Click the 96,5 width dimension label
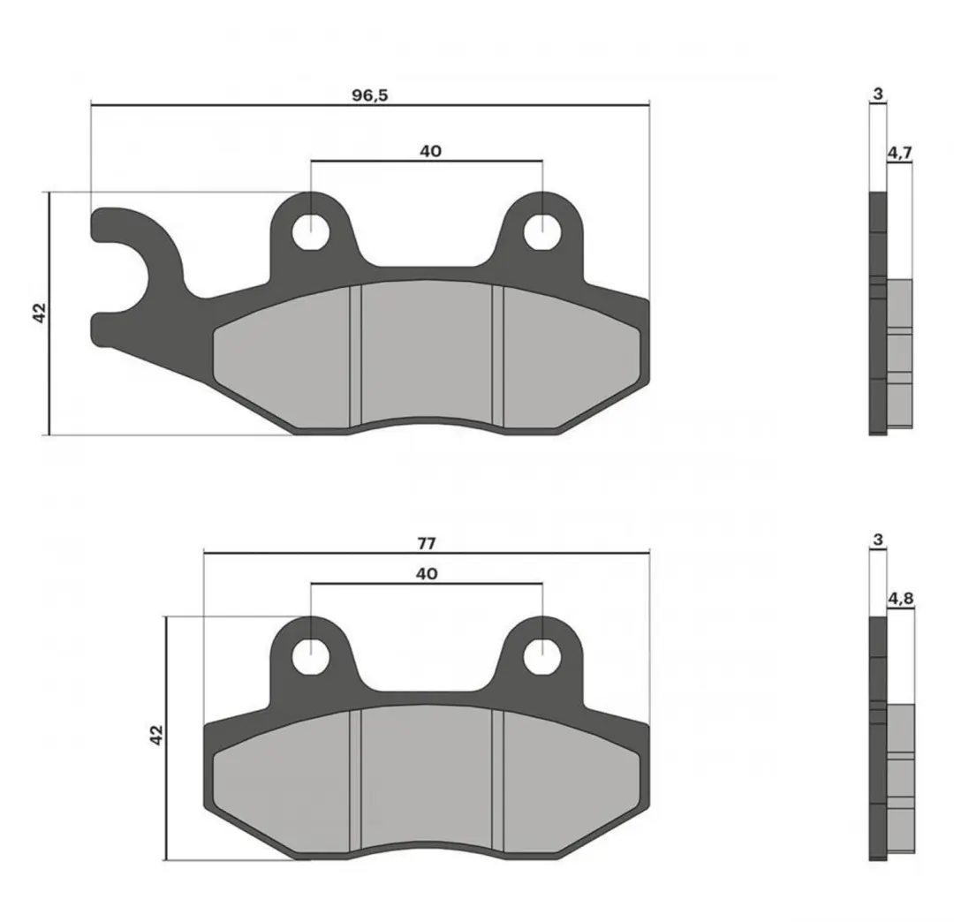370,94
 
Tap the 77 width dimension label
428,543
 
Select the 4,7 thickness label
900,153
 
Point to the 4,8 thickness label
900,599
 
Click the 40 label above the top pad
431,151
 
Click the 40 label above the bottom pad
428,573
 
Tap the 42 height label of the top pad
39,313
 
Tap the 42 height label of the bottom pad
156,735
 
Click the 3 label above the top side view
878,94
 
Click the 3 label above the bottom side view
877,540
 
